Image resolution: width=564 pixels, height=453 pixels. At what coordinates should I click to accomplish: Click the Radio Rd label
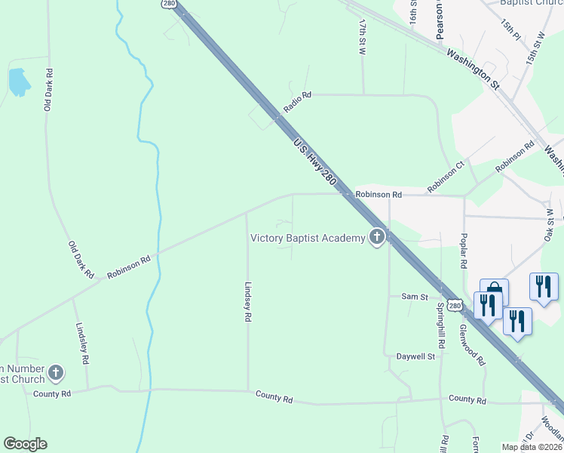coord(297,103)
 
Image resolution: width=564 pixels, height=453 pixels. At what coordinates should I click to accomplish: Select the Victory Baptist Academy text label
coord(308,239)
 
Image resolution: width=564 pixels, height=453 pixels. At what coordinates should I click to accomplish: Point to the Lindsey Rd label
coord(247,302)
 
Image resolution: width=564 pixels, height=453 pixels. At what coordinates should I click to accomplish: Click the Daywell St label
coord(416,356)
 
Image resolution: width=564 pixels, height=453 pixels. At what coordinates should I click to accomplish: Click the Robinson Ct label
coord(448,178)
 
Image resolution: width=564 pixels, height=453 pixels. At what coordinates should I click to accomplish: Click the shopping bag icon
coord(494,291)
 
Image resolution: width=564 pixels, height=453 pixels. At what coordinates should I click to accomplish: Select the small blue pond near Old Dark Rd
coord(17,82)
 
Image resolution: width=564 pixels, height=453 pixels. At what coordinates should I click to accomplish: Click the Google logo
coord(25,444)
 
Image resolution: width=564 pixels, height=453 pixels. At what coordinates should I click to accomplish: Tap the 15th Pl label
coord(510,29)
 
